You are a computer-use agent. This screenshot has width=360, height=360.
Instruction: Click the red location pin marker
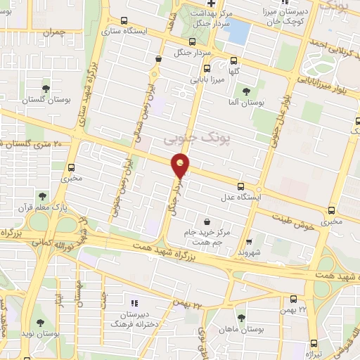[181, 167]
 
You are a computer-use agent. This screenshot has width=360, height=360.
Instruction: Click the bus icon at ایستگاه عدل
[241, 186]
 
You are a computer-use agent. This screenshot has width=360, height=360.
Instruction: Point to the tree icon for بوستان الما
[245, 91]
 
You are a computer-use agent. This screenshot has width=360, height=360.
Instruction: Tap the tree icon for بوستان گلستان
[46, 89]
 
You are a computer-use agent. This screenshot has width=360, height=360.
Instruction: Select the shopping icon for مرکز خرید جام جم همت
[206, 221]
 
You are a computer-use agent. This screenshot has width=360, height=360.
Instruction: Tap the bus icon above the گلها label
[206, 68]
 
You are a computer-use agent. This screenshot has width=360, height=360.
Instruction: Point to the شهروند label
[250, 252]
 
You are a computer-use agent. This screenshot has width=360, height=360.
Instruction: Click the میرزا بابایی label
[212, 82]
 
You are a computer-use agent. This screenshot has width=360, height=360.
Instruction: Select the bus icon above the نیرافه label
[313, 343]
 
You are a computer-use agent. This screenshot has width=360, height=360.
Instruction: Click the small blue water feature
[239, 32]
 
